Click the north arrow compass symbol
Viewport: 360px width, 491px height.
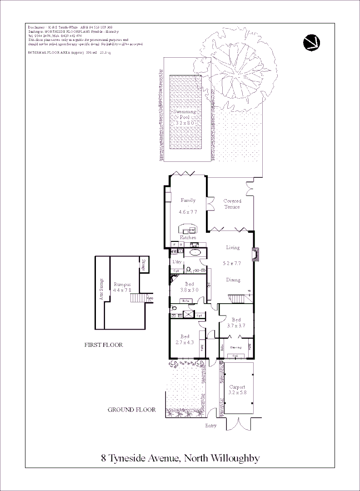[x=311, y=42]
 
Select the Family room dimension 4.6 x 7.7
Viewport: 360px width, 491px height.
[x=188, y=212]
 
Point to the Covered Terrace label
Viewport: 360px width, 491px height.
[x=232, y=204]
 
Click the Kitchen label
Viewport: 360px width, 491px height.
[x=188, y=238]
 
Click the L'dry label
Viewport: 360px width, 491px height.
[x=177, y=262]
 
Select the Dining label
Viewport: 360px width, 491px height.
[x=233, y=280]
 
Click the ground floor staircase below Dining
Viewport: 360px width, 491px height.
[x=236, y=299]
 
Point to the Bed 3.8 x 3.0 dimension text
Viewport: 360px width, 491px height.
[x=189, y=290]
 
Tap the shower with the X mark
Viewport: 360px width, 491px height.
[x=187, y=314]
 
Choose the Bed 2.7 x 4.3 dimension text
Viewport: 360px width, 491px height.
[x=185, y=342]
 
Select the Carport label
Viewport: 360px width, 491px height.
[x=237, y=387]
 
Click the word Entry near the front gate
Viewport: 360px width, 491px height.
[x=211, y=426]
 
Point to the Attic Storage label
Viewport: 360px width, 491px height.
[x=101, y=289]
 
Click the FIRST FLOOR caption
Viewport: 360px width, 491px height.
[x=104, y=345]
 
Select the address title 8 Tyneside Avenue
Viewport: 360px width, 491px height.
[x=180, y=458]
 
